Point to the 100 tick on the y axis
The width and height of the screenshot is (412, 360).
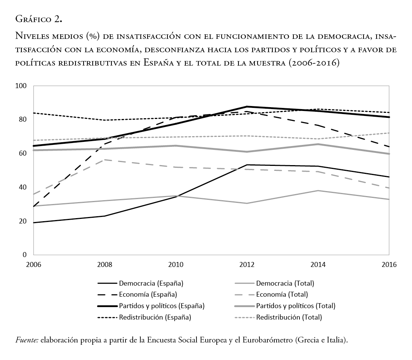21,86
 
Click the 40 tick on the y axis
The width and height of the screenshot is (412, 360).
23,187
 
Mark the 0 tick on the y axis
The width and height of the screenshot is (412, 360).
25,255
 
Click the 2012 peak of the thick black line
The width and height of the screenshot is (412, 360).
247,107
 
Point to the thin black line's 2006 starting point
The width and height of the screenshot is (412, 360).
34,223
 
